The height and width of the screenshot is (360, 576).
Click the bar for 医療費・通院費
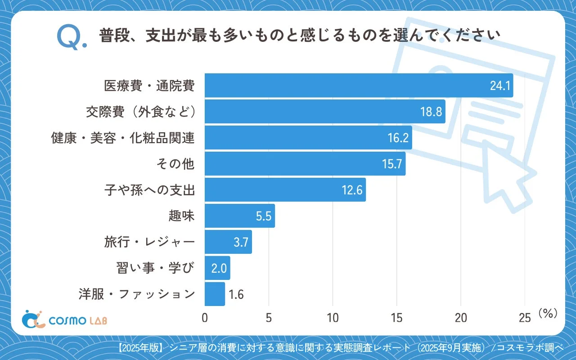click(x=359, y=85)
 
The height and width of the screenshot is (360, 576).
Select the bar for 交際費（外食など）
click(x=325, y=112)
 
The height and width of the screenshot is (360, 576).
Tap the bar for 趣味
click(x=239, y=216)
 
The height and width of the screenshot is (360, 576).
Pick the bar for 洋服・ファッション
click(x=215, y=294)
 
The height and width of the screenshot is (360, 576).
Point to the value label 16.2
click(x=398, y=138)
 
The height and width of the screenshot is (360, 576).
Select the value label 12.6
click(x=352, y=190)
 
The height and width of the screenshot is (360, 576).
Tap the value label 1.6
click(x=236, y=295)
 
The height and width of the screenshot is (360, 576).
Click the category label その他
click(x=175, y=164)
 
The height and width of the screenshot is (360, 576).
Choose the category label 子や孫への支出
click(x=149, y=190)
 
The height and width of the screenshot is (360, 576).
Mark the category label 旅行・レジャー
click(x=149, y=243)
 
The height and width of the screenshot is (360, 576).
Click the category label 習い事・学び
click(x=155, y=269)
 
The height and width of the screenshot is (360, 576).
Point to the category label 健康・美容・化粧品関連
click(x=123, y=138)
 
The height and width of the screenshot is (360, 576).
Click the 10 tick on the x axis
click(x=333, y=318)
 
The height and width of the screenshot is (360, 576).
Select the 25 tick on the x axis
click(x=525, y=318)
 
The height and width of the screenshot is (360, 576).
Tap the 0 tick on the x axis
click(x=205, y=318)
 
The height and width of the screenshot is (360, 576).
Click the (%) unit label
click(x=548, y=314)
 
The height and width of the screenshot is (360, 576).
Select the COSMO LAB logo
click(x=64, y=319)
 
